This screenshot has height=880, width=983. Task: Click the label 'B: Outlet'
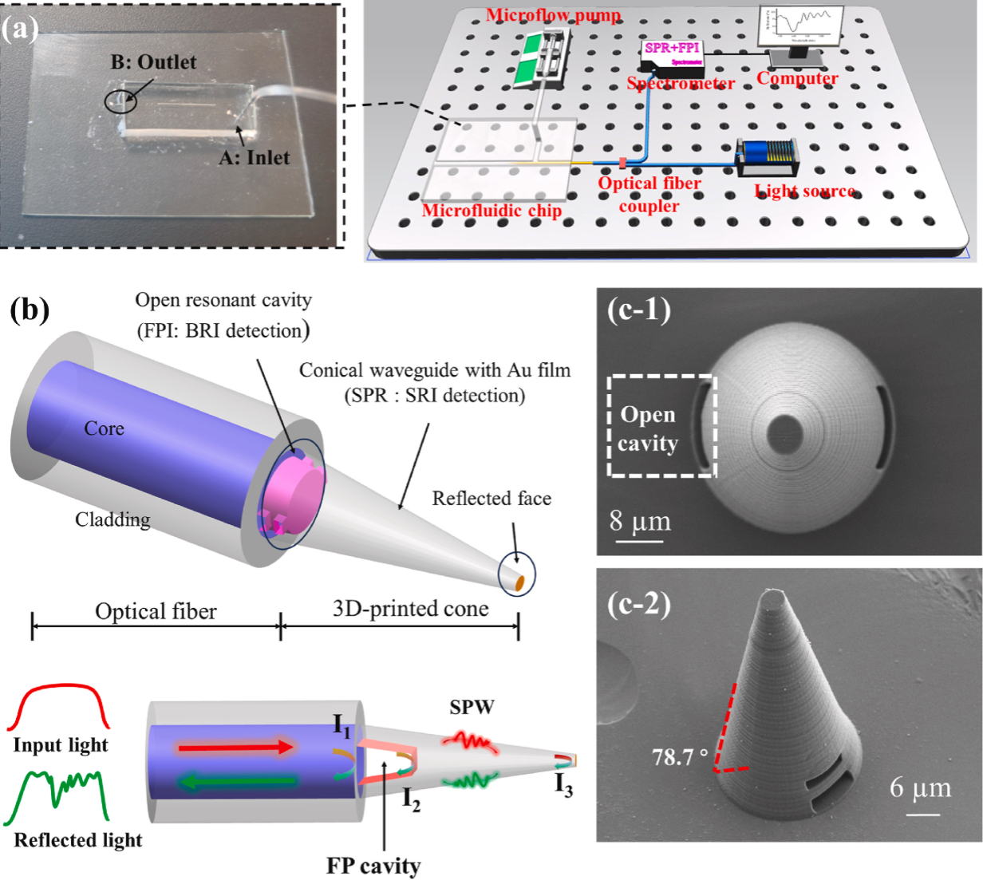[153, 62]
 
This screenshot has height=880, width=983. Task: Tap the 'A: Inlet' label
[255, 157]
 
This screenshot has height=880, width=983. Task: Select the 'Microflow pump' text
[553, 15]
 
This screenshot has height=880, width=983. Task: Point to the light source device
[767, 158]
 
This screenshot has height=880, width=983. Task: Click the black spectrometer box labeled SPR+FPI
[673, 54]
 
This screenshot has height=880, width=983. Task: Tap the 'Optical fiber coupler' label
[649, 194]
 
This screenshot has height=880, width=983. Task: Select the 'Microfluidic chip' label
[491, 211]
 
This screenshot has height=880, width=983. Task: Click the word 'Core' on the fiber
[105, 428]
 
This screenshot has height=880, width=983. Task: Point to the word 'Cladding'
[113, 519]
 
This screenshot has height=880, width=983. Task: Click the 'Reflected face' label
[491, 499]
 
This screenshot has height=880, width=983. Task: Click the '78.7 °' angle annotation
[679, 756]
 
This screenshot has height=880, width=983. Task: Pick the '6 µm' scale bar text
[921, 788]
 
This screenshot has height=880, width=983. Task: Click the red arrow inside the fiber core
[237, 748]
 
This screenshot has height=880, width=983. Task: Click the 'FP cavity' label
[373, 866]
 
